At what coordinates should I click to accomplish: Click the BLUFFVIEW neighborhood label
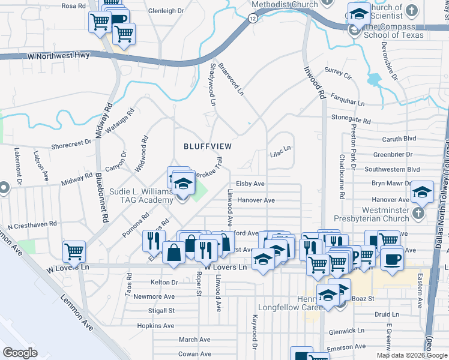[x=207, y=146]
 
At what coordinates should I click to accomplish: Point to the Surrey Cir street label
[x=337, y=76]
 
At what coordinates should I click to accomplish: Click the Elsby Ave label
[x=250, y=184]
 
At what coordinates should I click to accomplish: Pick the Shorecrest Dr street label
[x=71, y=143]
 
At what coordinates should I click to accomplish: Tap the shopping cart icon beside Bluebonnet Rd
[x=74, y=251]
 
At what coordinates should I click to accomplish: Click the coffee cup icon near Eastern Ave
[x=393, y=259]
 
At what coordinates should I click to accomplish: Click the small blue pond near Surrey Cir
[x=374, y=79]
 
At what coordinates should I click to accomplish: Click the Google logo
[x=20, y=353]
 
